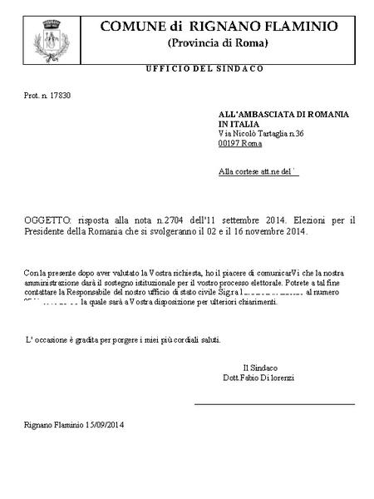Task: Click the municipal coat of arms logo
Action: tap(47, 39)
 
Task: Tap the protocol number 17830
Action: tap(59, 96)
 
